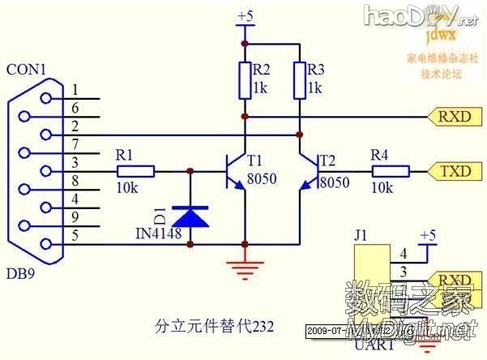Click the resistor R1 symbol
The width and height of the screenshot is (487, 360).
(135, 171)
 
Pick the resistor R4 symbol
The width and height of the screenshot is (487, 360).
(391, 171)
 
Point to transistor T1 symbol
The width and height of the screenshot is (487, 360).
(234, 171)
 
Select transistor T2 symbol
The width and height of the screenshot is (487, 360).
(309, 171)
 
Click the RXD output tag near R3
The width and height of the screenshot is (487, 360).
(454, 117)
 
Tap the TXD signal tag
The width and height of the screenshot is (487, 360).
(454, 171)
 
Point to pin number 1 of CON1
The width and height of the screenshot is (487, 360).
(75, 90)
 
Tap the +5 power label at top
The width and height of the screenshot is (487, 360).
(245, 15)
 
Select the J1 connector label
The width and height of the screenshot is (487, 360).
(361, 236)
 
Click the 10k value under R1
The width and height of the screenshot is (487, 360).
(126, 187)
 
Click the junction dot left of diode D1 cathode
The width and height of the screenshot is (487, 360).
(190, 171)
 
